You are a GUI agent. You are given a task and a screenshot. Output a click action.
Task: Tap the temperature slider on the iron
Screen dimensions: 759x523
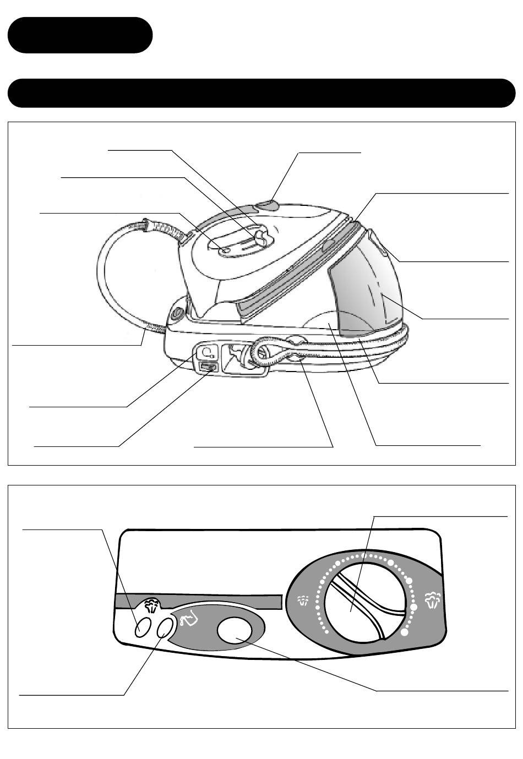[x=260, y=238]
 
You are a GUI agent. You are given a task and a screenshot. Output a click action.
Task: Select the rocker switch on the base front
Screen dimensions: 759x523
[x=209, y=367]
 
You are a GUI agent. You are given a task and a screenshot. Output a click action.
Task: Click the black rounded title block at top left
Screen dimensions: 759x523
[x=80, y=35]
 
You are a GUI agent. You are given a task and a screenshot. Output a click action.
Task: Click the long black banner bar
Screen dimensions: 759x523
[x=261, y=93]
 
